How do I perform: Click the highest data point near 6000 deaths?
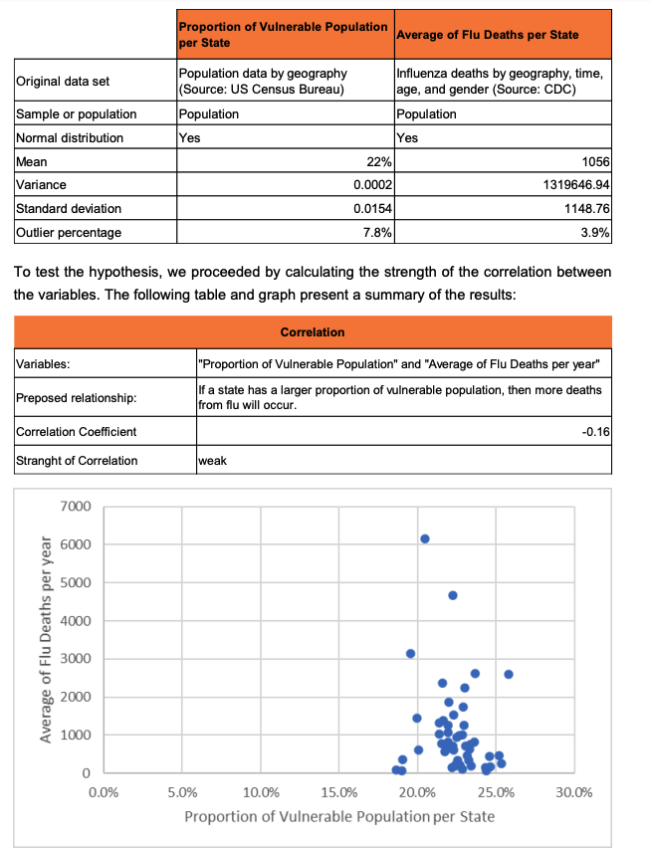click(x=425, y=538)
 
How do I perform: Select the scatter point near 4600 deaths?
click(x=453, y=595)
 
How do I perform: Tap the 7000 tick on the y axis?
click(x=76, y=507)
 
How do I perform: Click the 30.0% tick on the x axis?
click(x=574, y=793)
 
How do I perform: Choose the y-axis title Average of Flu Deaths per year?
click(x=46, y=639)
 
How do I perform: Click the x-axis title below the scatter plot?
click(x=339, y=817)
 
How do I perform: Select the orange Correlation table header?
click(x=313, y=331)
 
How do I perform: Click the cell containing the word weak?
click(x=213, y=461)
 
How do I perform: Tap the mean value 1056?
click(x=595, y=161)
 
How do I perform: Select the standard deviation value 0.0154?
click(x=371, y=209)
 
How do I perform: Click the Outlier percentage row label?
click(x=69, y=233)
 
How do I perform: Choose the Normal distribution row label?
click(x=70, y=137)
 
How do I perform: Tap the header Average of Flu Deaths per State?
click(x=487, y=36)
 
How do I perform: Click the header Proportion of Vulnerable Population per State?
click(x=283, y=35)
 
